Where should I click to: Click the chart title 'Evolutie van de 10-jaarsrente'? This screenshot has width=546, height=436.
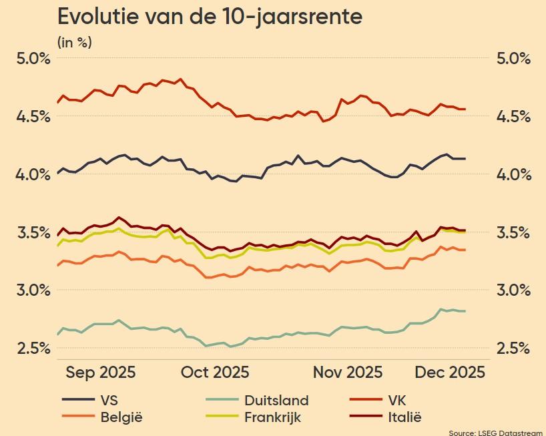pos(210,16)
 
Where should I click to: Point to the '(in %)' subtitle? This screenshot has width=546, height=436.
pos(75,43)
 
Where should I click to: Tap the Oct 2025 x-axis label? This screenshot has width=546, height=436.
pos(215,372)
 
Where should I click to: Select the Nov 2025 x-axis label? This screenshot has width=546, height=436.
pos(348,372)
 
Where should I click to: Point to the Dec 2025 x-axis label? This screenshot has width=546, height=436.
pos(451,372)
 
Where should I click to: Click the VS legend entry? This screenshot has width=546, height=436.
pos(109,401)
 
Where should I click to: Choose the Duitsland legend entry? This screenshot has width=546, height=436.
pos(276,401)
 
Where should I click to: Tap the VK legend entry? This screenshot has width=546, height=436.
pos(396,401)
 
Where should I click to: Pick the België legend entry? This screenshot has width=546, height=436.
pos(121,418)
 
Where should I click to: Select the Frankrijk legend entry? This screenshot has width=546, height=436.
pos(272,418)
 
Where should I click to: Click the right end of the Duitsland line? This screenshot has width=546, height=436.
pos(465,311)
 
